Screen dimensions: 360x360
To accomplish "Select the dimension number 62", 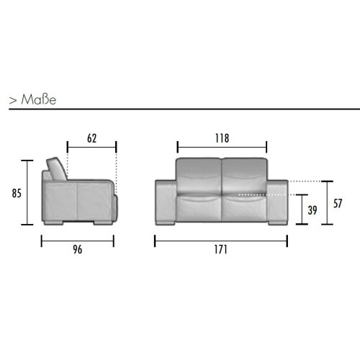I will (91, 137).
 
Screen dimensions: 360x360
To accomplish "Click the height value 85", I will (15, 193).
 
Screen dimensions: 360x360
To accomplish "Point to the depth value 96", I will (77, 250).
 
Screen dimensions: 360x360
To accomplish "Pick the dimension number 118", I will (221, 137).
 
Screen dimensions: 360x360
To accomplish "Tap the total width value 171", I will (220, 250).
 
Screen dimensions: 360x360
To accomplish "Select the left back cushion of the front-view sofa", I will (199, 174).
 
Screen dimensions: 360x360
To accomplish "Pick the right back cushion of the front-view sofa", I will (243, 174).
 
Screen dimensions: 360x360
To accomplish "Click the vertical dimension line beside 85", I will (29, 193).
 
